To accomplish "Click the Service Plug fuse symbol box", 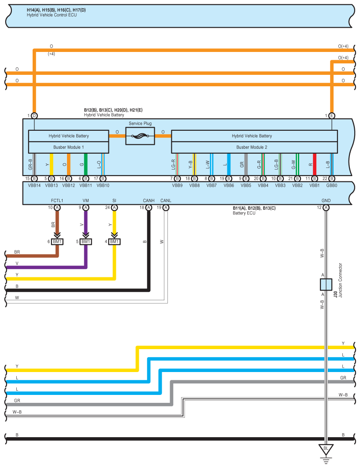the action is [140, 136].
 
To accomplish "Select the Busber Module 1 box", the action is [68, 147].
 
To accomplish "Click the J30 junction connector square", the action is [326, 284].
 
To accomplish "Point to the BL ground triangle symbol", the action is [326, 450].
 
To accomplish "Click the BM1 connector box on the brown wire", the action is [57, 241].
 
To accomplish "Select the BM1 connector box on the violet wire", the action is [86, 241].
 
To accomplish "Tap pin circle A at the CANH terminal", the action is [148, 207].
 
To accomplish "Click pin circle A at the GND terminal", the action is [326, 207].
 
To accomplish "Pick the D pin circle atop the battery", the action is [34, 115].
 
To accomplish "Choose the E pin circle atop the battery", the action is [332, 115].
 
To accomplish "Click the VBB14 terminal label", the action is [34, 185].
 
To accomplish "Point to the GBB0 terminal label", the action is [332, 185].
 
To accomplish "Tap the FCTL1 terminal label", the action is [57, 201].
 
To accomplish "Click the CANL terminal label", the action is [166, 201].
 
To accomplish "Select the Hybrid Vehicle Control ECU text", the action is [52, 15].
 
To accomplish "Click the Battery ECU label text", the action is [244, 213].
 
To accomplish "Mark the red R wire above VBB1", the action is [314, 165].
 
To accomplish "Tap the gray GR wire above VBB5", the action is [246, 165].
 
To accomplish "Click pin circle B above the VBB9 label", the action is [177, 178].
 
